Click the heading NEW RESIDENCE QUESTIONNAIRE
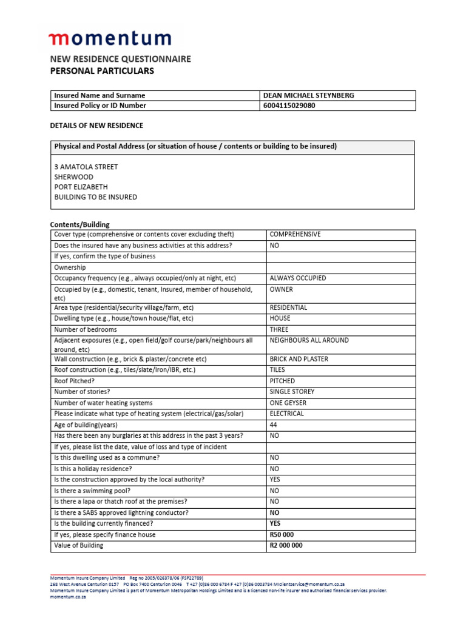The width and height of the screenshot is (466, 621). point(120,59)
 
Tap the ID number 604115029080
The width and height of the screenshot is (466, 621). point(289,106)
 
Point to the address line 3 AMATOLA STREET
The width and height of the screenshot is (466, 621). point(86,167)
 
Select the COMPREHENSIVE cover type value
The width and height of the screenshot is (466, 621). point(295,234)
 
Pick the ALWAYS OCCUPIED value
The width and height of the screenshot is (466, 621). point(297,278)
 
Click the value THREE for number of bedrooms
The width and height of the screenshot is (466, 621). point(279,329)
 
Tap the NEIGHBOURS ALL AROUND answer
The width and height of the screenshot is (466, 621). point(309,340)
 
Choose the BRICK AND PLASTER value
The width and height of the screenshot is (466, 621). point(299,359)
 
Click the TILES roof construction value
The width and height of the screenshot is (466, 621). point(277,369)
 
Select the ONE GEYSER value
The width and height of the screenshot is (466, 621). point(288,403)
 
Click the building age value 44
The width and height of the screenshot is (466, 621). point(273,425)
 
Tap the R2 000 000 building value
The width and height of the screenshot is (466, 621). point(286,545)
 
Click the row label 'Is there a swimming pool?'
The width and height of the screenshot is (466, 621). point(92,491)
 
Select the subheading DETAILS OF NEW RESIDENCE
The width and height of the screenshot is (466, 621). point(96,126)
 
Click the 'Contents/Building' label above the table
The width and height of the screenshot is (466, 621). point(79,224)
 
